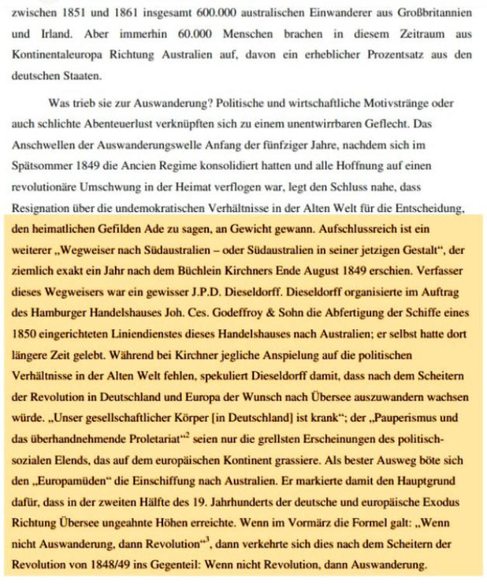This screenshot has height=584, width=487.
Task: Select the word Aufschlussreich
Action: [367, 229]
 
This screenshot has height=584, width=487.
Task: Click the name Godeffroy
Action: [250, 313]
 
